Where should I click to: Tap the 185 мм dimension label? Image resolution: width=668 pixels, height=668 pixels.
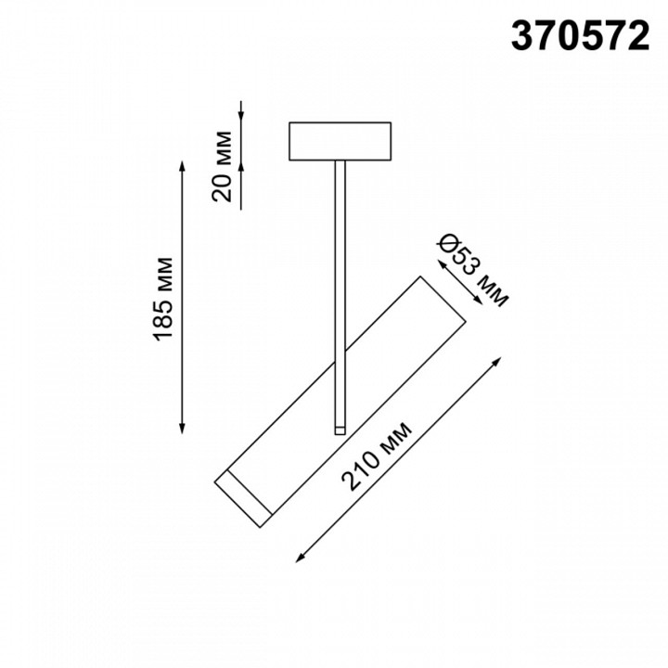163,296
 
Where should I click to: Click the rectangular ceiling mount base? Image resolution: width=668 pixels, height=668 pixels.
342,142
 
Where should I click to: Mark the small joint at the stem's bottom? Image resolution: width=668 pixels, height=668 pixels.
340,428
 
